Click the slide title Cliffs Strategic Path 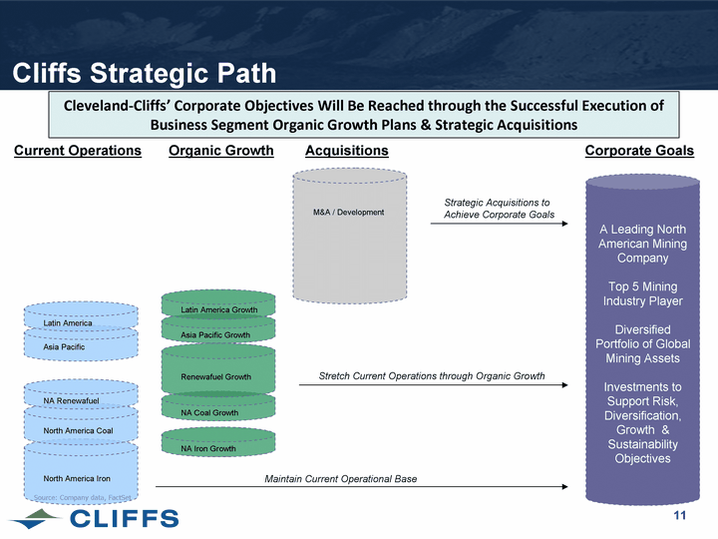click(144, 73)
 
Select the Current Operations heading click(78, 151)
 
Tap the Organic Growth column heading click(221, 151)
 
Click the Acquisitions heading click(346, 151)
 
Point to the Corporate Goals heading click(639, 151)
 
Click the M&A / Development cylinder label click(349, 213)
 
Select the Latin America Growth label click(219, 310)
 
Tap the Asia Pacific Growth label click(215, 335)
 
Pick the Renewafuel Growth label click(216, 377)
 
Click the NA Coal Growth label click(209, 413)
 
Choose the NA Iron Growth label click(208, 449)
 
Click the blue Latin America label click(69, 323)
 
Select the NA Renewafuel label click(72, 401)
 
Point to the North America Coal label click(79, 431)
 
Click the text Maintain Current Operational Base click(340, 479)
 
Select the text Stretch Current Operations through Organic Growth click(431, 376)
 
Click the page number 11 click(681, 515)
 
